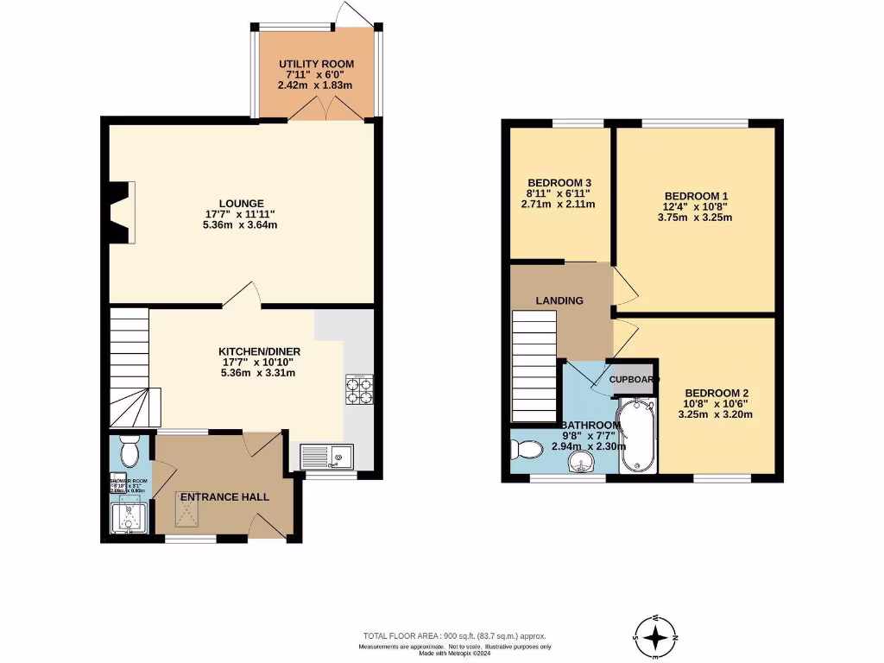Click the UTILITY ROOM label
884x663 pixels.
(316, 65)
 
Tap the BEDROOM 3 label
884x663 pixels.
(559, 183)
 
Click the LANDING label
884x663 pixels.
(559, 300)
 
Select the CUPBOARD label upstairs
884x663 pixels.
(635, 380)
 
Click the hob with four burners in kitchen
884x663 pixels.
(359, 390)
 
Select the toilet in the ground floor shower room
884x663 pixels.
(129, 451)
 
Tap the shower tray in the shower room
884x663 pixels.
(130, 519)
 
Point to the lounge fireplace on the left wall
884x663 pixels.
(120, 212)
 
